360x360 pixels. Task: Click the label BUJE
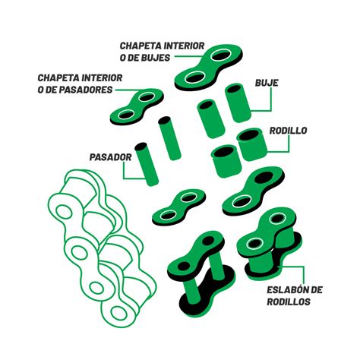point(267,83)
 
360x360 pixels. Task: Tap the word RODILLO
point(288,131)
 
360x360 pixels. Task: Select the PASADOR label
point(111,157)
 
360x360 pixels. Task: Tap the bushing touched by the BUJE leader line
point(238,103)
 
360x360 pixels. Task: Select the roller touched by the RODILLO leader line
point(252,144)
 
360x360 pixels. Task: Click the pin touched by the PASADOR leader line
point(147,164)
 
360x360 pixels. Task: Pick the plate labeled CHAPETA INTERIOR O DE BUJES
point(209,67)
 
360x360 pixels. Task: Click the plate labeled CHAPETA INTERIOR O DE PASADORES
point(137,106)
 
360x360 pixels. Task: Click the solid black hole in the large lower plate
point(264,177)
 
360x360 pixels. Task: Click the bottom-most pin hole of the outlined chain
point(118,313)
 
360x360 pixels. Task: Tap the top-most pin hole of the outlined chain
point(64,212)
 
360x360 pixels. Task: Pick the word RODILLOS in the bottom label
point(289,302)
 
